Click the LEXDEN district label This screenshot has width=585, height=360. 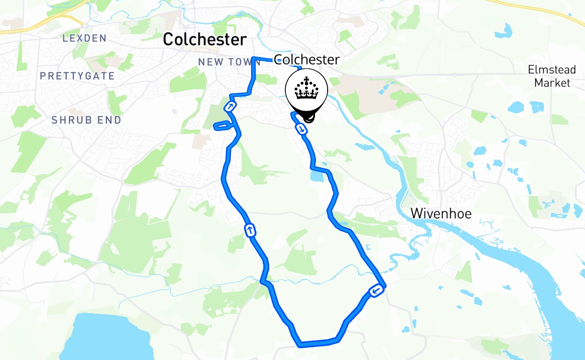85,38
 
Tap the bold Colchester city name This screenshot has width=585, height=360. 205,40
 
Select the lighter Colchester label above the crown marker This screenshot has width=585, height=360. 307,59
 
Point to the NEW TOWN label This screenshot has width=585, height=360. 223,62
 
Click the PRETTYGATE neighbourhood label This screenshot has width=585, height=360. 77,76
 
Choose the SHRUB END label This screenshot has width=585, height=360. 86,120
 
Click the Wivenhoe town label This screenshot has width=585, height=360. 441,213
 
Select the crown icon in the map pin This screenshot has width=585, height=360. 306,89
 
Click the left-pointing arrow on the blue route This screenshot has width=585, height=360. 377,292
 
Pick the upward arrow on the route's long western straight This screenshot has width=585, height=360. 250,231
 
